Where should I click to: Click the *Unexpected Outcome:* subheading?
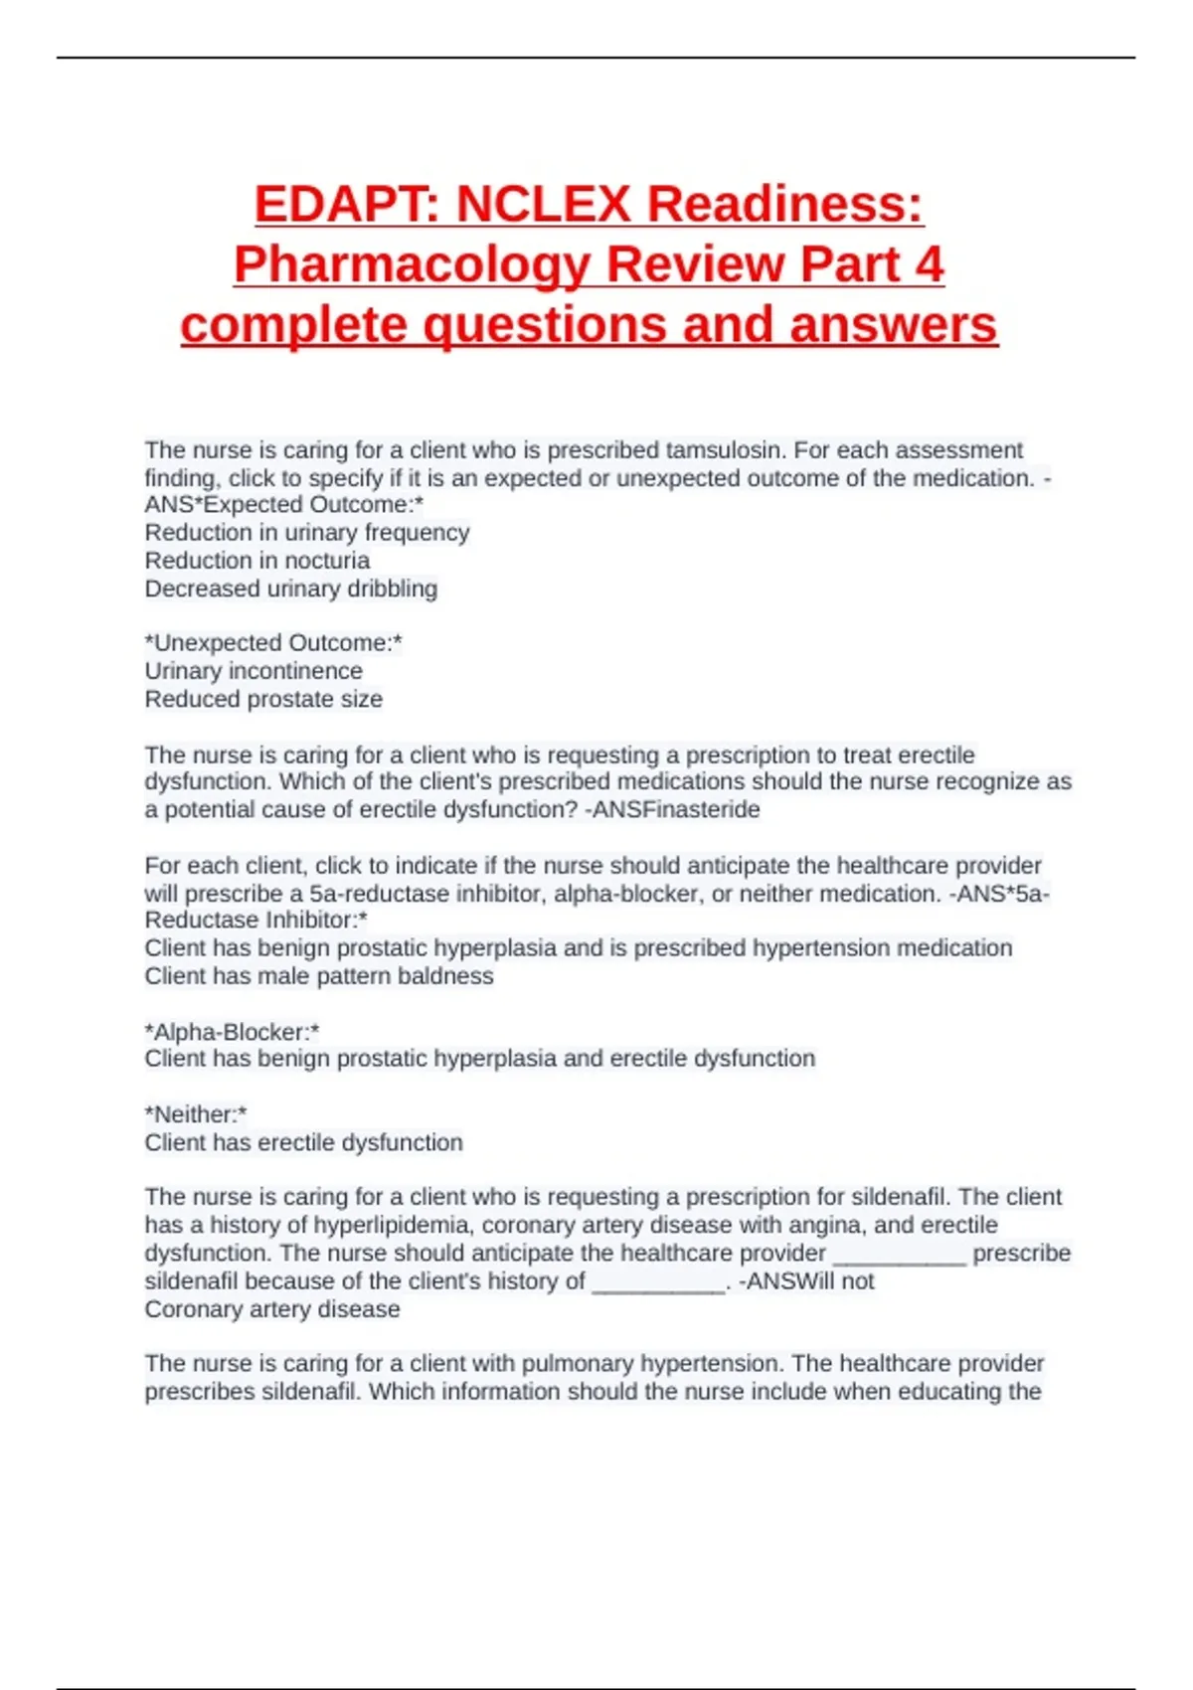pyautogui.click(x=273, y=643)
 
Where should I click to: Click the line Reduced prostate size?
pyautogui.click(x=263, y=699)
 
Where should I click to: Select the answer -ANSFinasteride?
pyautogui.click(x=672, y=810)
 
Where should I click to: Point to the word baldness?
pyautogui.click(x=445, y=976)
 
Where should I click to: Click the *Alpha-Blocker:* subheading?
pyautogui.click(x=232, y=1032)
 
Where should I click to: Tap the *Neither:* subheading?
pyautogui.click(x=196, y=1114)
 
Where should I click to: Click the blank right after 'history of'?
pyautogui.click(x=658, y=1282)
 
